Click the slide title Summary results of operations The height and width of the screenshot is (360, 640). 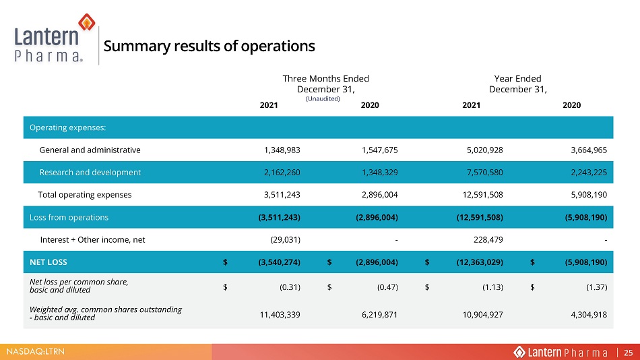tap(209, 46)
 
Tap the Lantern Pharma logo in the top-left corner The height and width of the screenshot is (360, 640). tap(55, 38)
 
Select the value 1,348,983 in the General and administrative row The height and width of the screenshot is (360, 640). tap(282, 150)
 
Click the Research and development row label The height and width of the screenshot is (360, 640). tap(90, 173)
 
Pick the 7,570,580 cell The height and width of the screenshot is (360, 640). tap(485, 173)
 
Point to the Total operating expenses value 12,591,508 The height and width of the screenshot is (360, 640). tap(483, 195)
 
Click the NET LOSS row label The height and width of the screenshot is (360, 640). tap(48, 262)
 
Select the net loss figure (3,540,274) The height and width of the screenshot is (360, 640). tap(279, 262)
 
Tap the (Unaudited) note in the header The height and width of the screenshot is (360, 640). tap(323, 98)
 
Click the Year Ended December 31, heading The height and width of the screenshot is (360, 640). tap(517, 84)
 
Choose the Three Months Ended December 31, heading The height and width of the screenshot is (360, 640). tap(325, 84)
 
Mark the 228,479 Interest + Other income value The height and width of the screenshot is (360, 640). tap(488, 240)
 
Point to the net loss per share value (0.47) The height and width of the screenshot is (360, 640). tap(387, 287)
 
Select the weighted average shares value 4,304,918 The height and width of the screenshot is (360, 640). tap(589, 315)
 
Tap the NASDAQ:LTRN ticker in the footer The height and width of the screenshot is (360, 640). tap(36, 351)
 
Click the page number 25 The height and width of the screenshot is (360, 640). tap(628, 352)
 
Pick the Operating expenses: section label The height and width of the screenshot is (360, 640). tap(68, 127)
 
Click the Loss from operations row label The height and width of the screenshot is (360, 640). tap(69, 217)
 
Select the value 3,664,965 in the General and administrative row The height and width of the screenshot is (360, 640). tap(589, 150)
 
